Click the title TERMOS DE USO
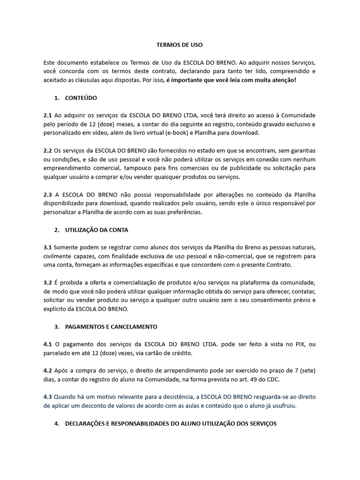[x=180, y=45]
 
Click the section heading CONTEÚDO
[x=81, y=98]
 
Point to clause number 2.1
[x=48, y=115]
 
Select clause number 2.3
[x=48, y=195]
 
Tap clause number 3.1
[x=48, y=247]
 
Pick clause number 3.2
[x=48, y=283]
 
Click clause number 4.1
[x=48, y=344]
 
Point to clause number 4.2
[x=48, y=371]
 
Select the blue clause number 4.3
[x=48, y=397]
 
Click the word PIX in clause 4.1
[x=301, y=344]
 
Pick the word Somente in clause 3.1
[x=67, y=247]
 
